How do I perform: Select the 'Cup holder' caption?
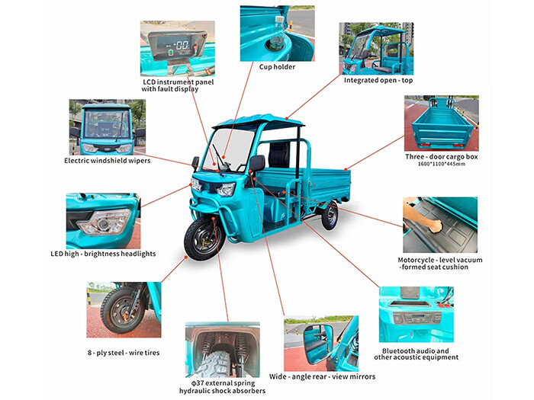pyautogui.click(x=277, y=67)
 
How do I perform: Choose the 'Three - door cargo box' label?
pyautogui.click(x=440, y=156)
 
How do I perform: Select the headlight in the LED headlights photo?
pyautogui.click(x=104, y=222)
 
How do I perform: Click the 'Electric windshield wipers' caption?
pyautogui.click(x=107, y=161)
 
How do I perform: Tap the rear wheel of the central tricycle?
pyautogui.click(x=329, y=216)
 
